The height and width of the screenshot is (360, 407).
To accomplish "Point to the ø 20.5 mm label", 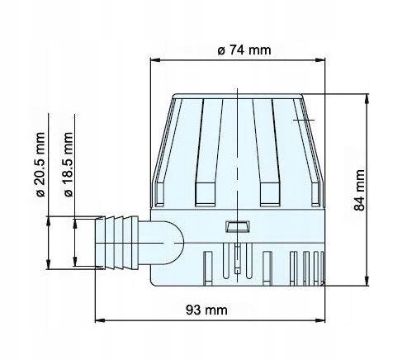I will (x=40, y=170).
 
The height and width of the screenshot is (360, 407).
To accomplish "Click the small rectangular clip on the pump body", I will (x=238, y=225).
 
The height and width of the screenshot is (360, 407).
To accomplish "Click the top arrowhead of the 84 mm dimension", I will (x=366, y=96).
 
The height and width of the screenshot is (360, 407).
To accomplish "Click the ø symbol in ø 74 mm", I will (x=221, y=50).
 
